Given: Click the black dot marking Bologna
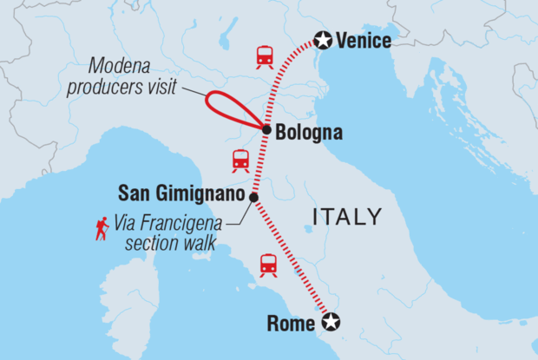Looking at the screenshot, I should tap(266, 129).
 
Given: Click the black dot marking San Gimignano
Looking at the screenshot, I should tap(253, 198).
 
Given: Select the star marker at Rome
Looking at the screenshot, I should tap(331, 324).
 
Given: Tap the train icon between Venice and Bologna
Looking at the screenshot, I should tap(265, 56).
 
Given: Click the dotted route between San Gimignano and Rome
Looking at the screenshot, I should tap(291, 260).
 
